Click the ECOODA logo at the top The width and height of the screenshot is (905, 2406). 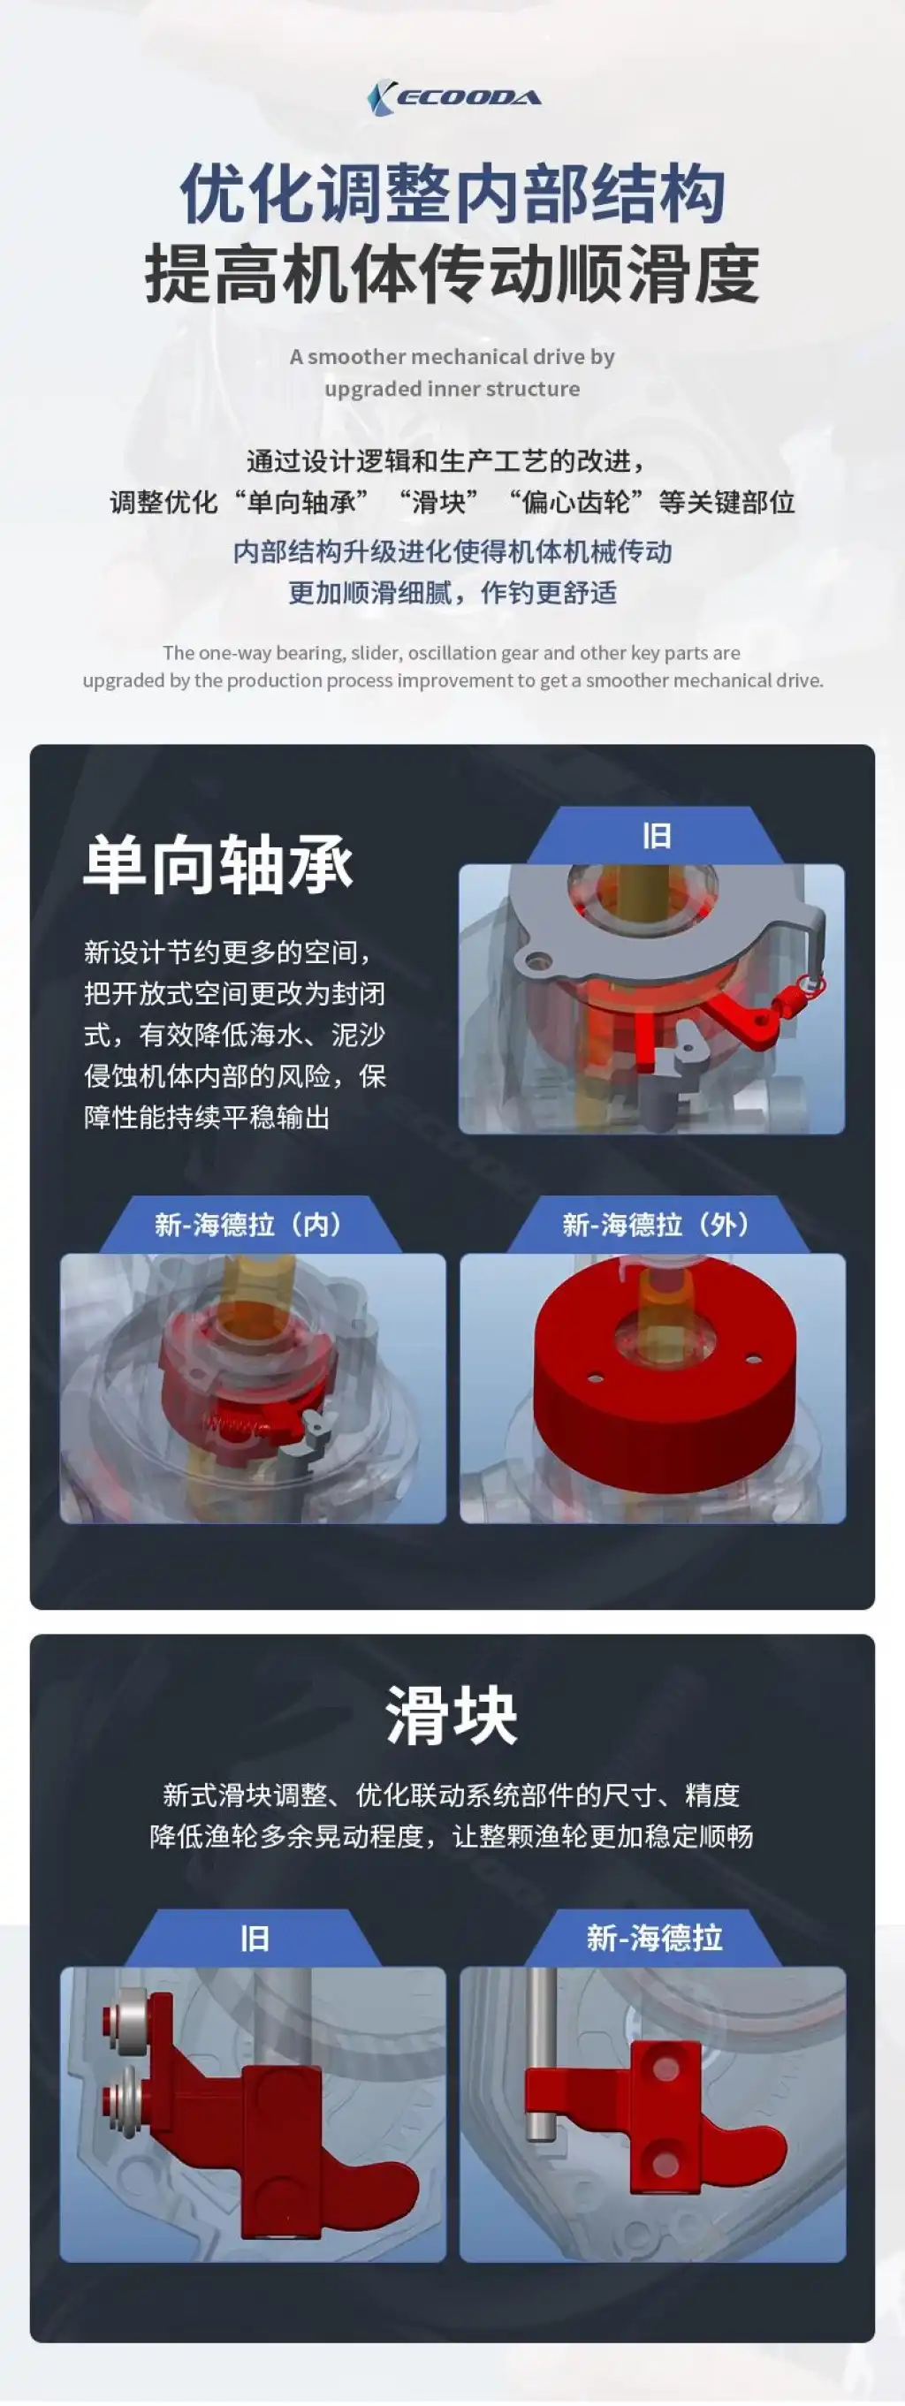click(x=454, y=98)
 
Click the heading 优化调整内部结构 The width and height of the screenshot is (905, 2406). click(x=453, y=194)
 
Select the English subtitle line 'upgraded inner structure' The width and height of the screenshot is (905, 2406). click(x=452, y=389)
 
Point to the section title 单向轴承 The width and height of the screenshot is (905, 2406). click(x=218, y=864)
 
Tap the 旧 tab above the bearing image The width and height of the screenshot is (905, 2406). click(x=657, y=835)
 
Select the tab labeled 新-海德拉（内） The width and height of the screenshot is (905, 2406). click(x=249, y=1224)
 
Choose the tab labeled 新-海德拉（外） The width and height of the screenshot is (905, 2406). click(x=657, y=1224)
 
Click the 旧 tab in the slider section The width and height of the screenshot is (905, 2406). click(x=254, y=1938)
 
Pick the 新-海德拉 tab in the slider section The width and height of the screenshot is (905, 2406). click(x=655, y=1938)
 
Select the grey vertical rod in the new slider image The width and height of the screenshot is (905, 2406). click(x=539, y=2055)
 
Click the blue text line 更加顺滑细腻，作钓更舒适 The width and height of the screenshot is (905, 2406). click(x=452, y=592)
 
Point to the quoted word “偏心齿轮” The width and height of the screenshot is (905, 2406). click(x=576, y=503)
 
